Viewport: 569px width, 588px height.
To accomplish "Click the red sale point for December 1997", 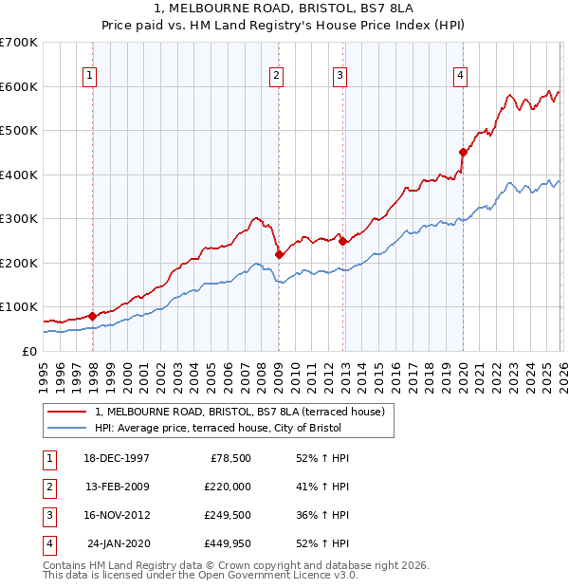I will (92, 316).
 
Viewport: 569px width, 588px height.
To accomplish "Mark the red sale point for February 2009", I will (279, 254).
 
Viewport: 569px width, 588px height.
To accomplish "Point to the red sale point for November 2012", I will (342, 241).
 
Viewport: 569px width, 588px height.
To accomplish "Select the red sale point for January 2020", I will (463, 152).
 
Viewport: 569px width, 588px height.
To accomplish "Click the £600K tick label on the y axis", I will (19, 86).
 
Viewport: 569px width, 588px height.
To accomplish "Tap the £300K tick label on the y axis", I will (19, 218).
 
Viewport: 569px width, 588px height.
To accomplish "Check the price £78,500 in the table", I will (227, 457).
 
